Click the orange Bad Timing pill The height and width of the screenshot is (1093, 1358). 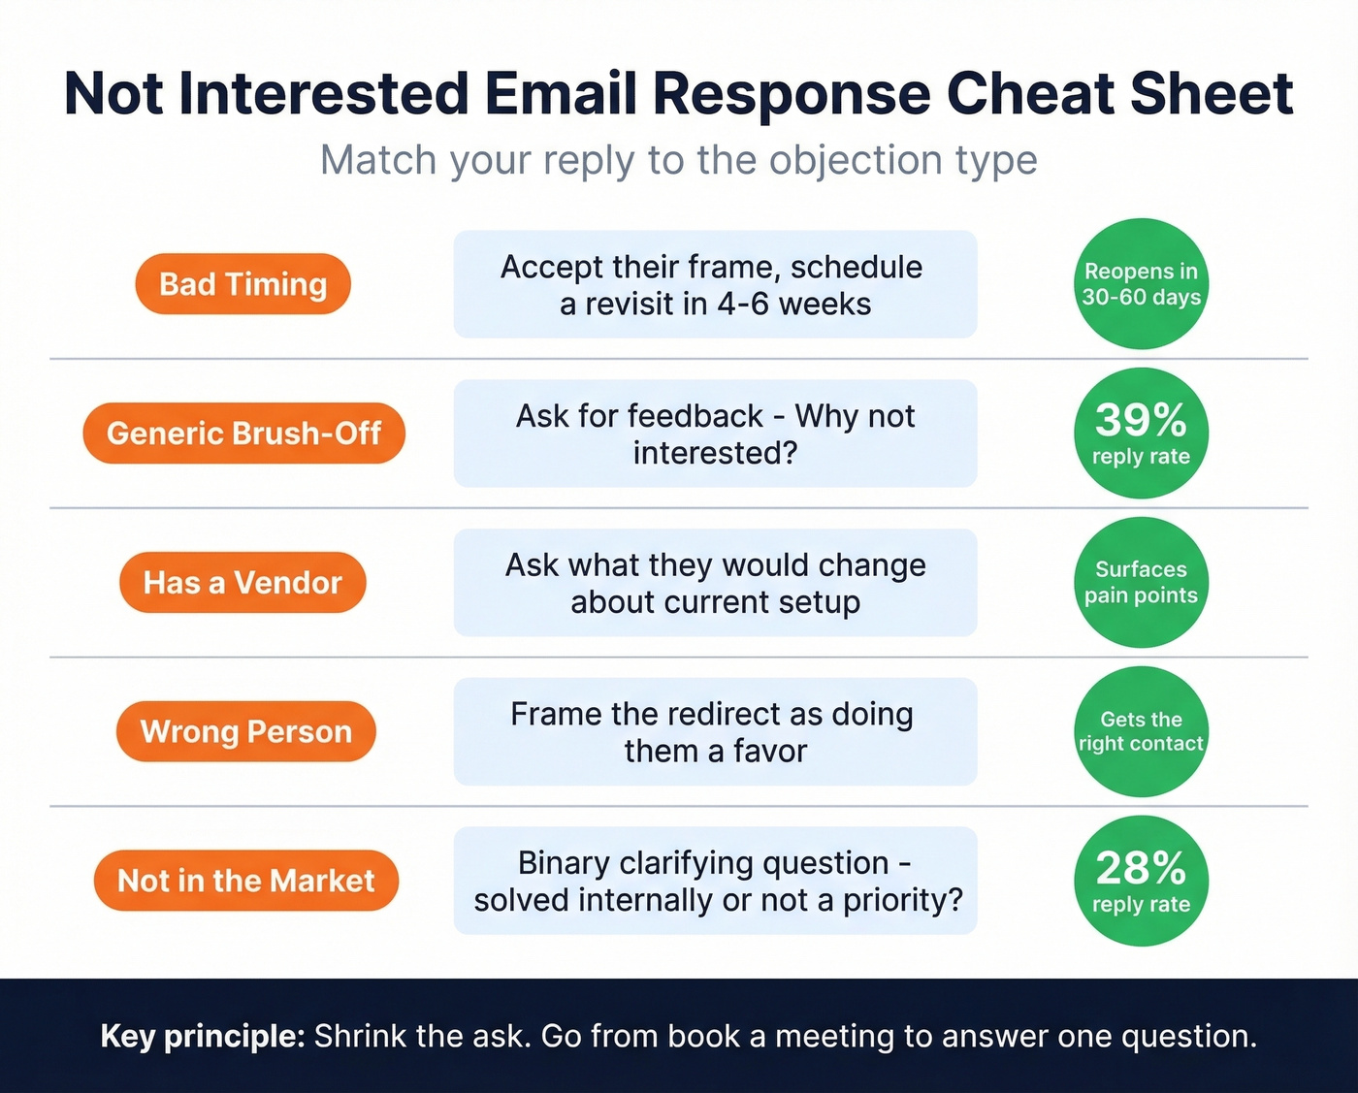coord(242,284)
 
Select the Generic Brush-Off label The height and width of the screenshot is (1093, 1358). coord(243,434)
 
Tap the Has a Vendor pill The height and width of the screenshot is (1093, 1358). coord(242,583)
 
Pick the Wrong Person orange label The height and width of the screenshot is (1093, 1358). coord(245,731)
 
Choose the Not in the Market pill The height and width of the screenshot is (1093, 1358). coord(245,881)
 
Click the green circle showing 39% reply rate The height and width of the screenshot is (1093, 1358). coord(1141,434)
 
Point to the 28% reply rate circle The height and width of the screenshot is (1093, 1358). coord(1141,881)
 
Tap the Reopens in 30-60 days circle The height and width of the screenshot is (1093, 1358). coord(1141,284)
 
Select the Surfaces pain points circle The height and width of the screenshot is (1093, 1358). coord(1141,583)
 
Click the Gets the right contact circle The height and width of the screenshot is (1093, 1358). coord(1141,731)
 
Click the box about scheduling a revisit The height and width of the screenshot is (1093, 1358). coord(715,284)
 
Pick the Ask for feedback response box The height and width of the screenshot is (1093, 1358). coord(715,434)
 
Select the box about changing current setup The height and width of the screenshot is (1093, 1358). coord(715,583)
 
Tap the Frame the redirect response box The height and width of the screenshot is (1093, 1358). coord(715,731)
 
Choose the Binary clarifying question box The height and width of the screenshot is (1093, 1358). coord(715,881)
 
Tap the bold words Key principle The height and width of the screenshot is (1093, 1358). coord(203,1036)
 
